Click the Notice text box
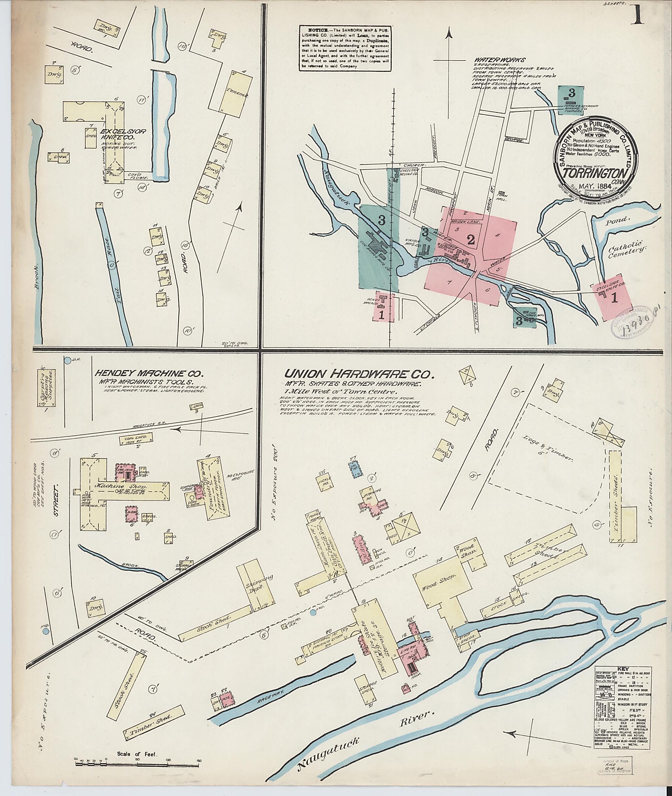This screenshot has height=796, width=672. (x=345, y=47)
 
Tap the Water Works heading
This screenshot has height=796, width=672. (x=500, y=60)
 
